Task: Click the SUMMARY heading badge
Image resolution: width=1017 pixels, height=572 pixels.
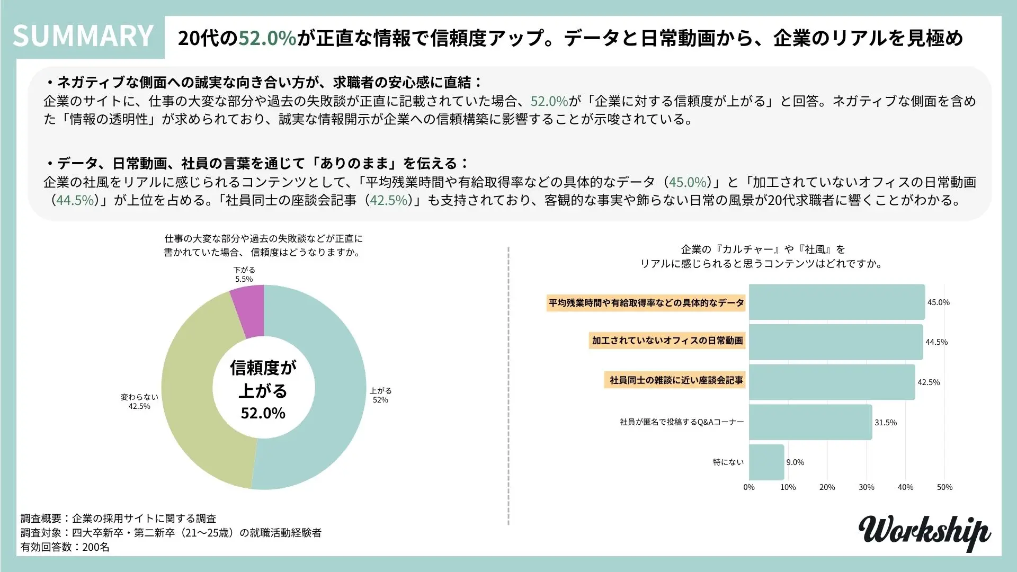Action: click(83, 35)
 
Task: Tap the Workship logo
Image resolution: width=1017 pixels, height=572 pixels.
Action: click(924, 532)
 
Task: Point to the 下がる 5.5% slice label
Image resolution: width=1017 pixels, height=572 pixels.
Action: click(244, 274)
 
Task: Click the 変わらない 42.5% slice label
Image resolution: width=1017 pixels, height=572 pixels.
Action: click(139, 401)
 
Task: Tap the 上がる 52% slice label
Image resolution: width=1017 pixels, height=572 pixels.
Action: click(380, 395)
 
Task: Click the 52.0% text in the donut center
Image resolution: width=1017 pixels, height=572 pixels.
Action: click(263, 413)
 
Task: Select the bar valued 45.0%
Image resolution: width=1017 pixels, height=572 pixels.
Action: click(836, 302)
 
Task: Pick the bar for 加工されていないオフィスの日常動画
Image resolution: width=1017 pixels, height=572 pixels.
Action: click(835, 342)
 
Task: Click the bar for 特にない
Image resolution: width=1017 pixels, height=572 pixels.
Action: click(766, 462)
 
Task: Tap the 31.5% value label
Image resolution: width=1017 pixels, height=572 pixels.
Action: click(886, 422)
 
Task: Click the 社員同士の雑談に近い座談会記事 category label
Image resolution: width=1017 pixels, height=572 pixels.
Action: click(675, 380)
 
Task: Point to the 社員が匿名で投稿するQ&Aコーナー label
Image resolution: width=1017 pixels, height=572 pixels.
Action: click(682, 422)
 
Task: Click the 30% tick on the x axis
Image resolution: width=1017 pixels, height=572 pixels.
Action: click(867, 487)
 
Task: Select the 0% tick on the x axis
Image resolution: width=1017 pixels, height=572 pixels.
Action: click(749, 487)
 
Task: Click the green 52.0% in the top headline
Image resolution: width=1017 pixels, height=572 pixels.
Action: click(267, 38)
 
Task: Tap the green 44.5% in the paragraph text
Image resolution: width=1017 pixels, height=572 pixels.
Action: click(76, 200)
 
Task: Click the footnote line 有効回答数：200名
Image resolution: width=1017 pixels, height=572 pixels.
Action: click(65, 547)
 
